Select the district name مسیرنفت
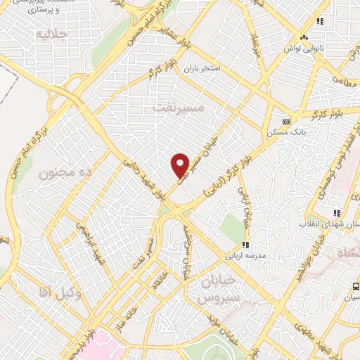(x=178, y=107)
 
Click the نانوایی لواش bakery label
(x=303, y=49)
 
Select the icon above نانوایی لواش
(x=304, y=37)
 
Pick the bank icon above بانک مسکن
(x=285, y=120)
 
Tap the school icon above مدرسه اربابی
(x=245, y=245)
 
